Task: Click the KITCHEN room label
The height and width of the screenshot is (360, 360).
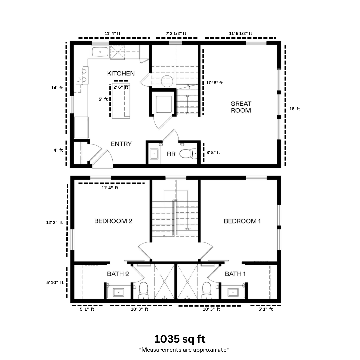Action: (x=121, y=73)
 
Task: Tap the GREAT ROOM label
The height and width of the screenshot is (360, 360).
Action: (x=241, y=107)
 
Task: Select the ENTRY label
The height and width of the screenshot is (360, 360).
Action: (x=121, y=144)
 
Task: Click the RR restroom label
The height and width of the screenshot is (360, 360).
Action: (x=171, y=154)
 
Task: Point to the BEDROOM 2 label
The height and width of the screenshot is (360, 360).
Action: (x=113, y=221)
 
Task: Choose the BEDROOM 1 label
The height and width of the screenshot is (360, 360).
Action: (x=242, y=221)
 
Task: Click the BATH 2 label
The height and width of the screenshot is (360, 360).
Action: (x=118, y=274)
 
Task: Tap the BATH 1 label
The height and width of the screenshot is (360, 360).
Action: (x=235, y=274)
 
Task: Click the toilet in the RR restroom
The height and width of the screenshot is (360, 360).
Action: (x=188, y=154)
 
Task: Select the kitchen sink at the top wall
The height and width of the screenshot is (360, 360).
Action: (x=100, y=52)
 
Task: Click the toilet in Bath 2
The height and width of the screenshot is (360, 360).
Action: (x=144, y=290)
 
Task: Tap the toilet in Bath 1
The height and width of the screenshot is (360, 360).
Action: (x=207, y=290)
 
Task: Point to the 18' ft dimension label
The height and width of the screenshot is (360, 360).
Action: (x=295, y=109)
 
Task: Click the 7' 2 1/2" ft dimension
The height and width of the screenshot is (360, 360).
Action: (x=176, y=34)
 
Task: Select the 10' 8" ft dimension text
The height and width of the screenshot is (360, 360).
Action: (x=214, y=83)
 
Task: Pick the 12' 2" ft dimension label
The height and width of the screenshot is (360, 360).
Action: (x=55, y=222)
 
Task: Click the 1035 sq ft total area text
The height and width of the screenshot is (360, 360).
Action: (x=180, y=339)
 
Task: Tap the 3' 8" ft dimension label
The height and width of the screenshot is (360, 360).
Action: (x=213, y=152)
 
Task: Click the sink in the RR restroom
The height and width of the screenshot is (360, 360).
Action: (x=154, y=154)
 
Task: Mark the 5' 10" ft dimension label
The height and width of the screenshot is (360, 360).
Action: (x=55, y=282)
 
